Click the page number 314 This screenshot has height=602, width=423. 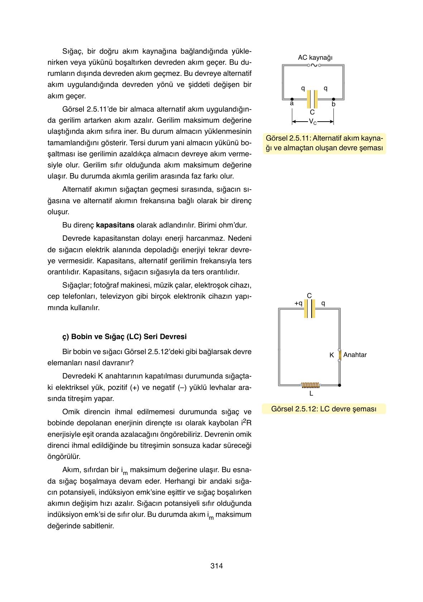coord(216,566)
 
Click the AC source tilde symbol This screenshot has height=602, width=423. coord(314,65)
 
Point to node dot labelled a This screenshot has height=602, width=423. coord(292,99)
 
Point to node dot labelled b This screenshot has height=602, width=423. coord(333,99)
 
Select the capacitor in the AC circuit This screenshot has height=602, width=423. coord(312,99)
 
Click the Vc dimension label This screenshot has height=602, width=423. coord(313,122)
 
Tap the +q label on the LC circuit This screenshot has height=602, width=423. coord(298,303)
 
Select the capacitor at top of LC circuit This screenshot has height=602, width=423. coord(309,308)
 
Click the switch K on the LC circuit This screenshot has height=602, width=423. coord(340,355)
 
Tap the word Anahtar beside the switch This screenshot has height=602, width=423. coord(355,355)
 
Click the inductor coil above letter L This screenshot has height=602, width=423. coord(311,385)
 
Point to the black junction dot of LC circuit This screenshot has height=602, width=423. coord(340,385)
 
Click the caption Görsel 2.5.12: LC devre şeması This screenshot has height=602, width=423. coord(324,409)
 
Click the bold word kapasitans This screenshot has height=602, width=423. coord(115,225)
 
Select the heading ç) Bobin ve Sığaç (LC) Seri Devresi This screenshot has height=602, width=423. coord(124,337)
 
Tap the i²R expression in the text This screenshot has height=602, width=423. coord(247,423)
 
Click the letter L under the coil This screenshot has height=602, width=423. coord(311,393)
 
